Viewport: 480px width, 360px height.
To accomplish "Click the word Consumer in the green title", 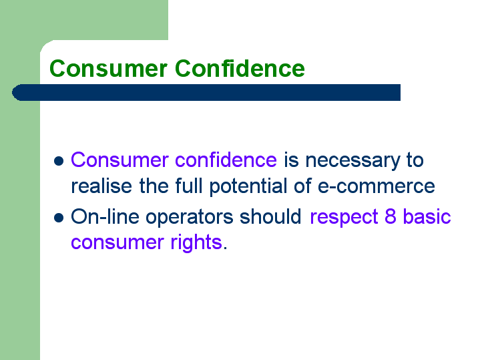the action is tap(108, 69).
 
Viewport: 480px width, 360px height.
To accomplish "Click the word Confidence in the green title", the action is tap(240, 68).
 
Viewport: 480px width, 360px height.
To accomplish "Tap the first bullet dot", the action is tap(59, 161).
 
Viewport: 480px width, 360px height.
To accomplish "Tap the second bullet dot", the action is tap(59, 218).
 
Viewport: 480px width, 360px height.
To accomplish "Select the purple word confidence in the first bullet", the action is tap(226, 160).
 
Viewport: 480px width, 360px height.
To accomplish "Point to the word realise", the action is tap(101, 186).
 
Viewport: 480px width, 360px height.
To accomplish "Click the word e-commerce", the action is tap(377, 186).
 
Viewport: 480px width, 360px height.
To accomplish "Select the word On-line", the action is tap(105, 216).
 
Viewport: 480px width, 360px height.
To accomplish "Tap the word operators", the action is tap(189, 218).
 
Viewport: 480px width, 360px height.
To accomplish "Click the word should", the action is tap(270, 216).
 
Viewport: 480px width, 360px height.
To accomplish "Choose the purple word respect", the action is tap(344, 218).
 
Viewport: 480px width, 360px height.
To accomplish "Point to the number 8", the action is tap(391, 216).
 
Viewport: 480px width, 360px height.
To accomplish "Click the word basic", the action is tap(427, 216).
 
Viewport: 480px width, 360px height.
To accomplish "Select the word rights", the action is tap(196, 242).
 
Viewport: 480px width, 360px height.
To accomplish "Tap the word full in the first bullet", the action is tap(188, 186).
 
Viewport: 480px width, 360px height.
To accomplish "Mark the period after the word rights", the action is tap(225, 248).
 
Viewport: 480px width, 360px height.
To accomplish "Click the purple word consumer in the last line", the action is tap(117, 243).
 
